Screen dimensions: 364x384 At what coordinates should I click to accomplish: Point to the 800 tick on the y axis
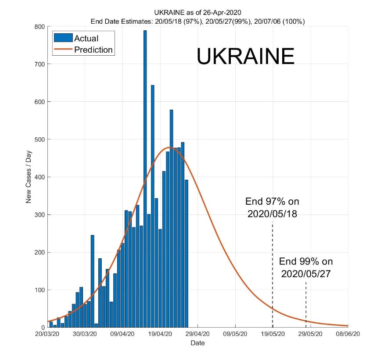coord(39,26)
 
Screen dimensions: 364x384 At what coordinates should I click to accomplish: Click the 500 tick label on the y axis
coord(39,139)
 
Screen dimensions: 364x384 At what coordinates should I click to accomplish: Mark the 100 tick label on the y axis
coord(39,290)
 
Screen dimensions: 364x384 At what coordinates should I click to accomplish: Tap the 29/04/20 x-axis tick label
coord(197,334)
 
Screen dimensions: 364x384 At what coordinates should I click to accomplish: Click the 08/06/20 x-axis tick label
coord(348,334)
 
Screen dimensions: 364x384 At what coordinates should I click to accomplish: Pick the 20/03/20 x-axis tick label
coord(47,334)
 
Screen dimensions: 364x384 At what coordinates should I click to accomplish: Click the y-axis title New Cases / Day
coord(29,177)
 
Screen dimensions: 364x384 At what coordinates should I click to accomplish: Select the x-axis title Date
coord(197,343)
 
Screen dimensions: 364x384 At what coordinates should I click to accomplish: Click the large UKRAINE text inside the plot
coord(245,57)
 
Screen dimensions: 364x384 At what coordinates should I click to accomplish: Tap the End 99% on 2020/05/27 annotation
coord(306,268)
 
